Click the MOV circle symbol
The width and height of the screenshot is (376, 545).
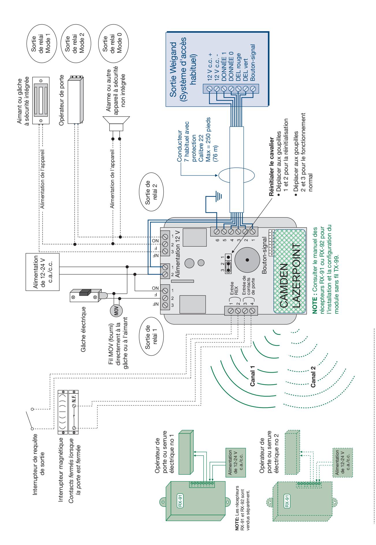[x=116, y=311]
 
